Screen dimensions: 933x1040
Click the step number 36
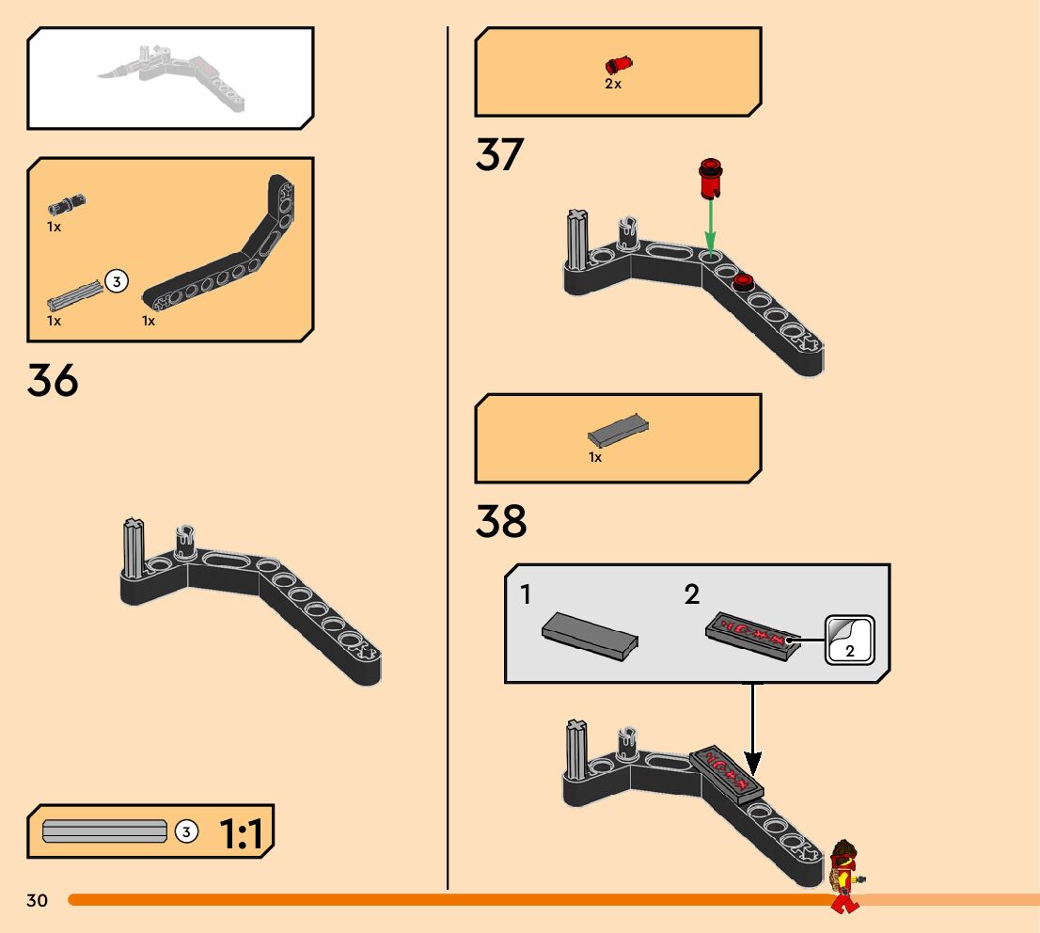point(53,381)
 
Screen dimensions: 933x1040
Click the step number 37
point(499,155)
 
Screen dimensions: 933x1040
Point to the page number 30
point(37,901)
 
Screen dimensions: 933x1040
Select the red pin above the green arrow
point(710,179)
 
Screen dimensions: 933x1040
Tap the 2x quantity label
point(613,84)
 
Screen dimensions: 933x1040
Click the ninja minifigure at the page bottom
point(845,875)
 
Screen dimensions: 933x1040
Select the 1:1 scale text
point(242,833)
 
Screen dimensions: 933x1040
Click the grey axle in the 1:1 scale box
point(105,831)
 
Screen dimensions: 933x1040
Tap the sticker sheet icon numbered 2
point(849,640)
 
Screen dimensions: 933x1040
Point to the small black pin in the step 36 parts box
point(68,203)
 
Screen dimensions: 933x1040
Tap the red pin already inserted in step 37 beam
point(745,279)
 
